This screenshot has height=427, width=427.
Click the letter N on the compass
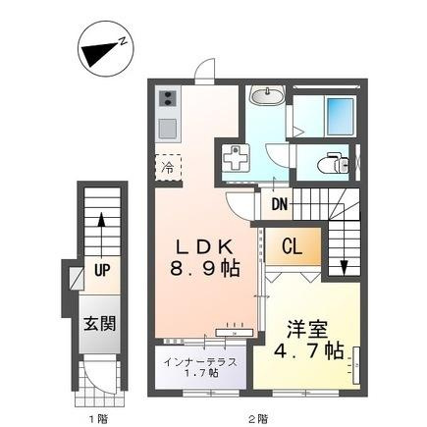(x=123, y=41)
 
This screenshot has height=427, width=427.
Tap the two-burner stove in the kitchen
(x=168, y=98)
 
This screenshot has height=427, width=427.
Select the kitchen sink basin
(x=168, y=129)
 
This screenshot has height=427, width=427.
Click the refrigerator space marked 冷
(x=168, y=168)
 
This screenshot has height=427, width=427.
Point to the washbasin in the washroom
(x=266, y=95)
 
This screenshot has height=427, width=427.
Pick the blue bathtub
(x=341, y=117)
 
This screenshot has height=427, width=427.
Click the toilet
(x=334, y=162)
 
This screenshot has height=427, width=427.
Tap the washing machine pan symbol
(x=235, y=158)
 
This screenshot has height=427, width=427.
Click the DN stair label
(x=280, y=205)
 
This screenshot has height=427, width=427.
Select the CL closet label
(x=293, y=246)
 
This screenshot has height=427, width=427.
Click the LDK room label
(x=204, y=247)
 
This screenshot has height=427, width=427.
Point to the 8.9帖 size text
(x=205, y=269)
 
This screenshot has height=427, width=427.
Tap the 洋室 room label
(x=307, y=330)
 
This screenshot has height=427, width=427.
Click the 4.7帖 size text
(x=308, y=351)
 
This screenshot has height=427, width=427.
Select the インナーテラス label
(x=200, y=362)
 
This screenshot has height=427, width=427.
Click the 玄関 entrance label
(x=100, y=324)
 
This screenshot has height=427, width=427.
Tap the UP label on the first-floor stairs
(x=102, y=270)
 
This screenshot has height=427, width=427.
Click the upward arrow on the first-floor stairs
(x=102, y=236)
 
